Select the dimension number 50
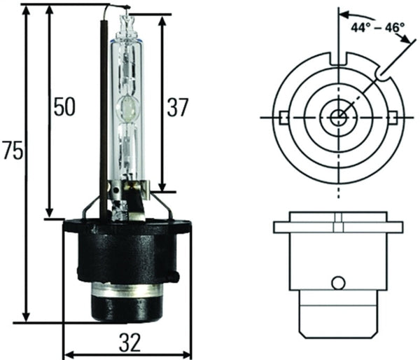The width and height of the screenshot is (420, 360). pyautogui.click(x=64, y=107)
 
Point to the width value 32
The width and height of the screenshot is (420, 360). pyautogui.click(x=129, y=342)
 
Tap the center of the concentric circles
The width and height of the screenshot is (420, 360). pyautogui.click(x=338, y=116)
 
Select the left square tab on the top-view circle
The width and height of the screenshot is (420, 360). pyautogui.click(x=283, y=116)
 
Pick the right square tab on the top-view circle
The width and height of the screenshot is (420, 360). pyautogui.click(x=393, y=116)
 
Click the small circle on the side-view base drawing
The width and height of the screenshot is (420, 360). pyautogui.click(x=338, y=282)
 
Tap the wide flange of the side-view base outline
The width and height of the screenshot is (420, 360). pyautogui.click(x=338, y=228)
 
